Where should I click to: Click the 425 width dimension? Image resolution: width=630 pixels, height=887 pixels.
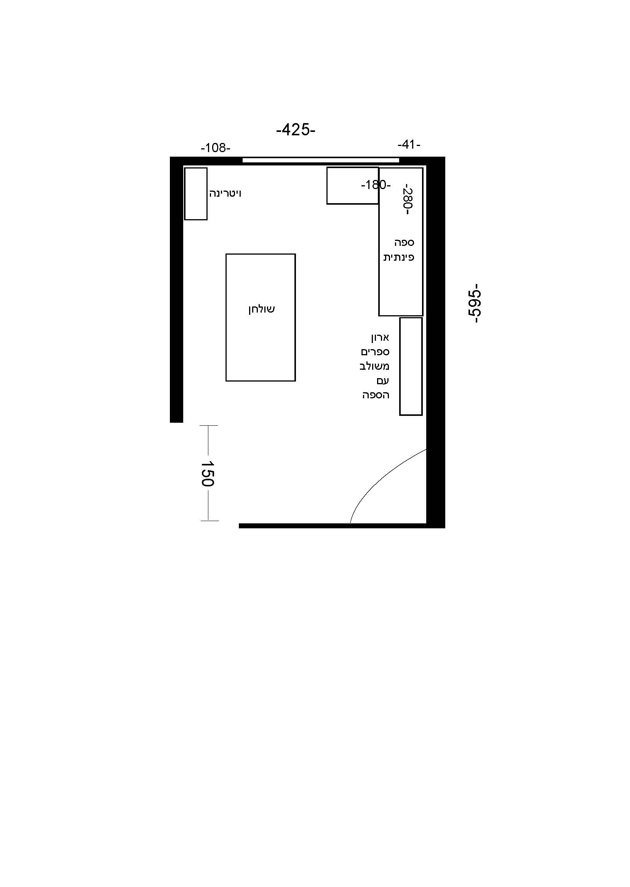(296, 130)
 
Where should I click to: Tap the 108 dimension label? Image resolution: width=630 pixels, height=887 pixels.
(216, 148)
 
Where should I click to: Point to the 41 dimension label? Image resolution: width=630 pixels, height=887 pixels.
(409, 145)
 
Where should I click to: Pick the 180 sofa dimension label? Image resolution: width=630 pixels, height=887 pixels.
(376, 185)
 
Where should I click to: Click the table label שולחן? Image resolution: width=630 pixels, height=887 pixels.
(262, 310)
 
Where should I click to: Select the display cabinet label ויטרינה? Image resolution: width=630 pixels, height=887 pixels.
(225, 193)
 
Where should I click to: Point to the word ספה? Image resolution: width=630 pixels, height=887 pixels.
(404, 242)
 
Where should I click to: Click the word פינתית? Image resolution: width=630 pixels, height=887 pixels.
(399, 257)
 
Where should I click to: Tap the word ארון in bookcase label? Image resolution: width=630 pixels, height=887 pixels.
(380, 337)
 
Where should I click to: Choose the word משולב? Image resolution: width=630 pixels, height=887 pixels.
(374, 366)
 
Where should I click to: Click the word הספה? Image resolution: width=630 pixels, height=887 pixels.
(376, 395)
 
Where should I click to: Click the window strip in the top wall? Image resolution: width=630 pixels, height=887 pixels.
(321, 160)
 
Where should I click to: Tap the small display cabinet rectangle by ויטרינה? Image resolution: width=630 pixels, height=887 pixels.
(195, 194)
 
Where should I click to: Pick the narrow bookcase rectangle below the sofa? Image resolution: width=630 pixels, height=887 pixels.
(411, 366)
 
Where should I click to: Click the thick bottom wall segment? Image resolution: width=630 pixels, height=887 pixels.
(342, 526)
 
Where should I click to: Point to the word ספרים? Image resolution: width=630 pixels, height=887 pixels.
(375, 352)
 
